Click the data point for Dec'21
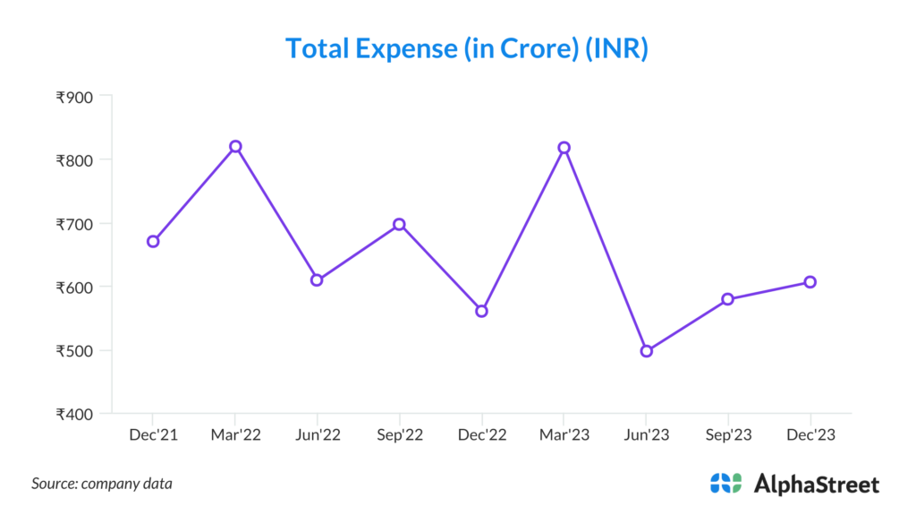[153, 241]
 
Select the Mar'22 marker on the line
[235, 146]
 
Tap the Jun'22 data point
[317, 279]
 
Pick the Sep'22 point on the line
[399, 224]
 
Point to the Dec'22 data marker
[481, 311]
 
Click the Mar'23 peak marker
[564, 147]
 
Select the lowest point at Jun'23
[646, 351]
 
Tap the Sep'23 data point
[728, 298]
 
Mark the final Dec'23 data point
[810, 282]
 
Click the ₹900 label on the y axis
[74, 97]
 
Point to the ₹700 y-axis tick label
[74, 224]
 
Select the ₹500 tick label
[74, 351]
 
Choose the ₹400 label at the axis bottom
[74, 415]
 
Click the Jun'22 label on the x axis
[317, 435]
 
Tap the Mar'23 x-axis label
[564, 435]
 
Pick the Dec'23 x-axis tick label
[810, 435]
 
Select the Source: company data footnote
[102, 484]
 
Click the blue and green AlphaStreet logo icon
[725, 484]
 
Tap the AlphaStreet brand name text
[817, 485]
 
